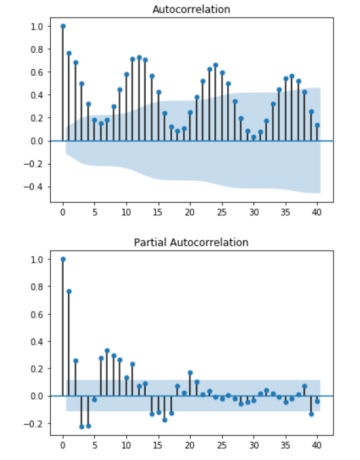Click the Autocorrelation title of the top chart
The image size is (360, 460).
point(191,9)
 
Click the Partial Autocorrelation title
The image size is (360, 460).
point(191,243)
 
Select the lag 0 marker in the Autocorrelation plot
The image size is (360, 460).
point(63,26)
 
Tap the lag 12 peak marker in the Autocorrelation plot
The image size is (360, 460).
point(139,58)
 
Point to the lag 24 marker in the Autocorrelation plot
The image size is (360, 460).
point(216,65)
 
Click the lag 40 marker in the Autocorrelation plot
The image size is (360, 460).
point(317,125)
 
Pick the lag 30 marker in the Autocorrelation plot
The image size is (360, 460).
point(254,137)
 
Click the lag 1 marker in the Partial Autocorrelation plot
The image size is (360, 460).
point(69,291)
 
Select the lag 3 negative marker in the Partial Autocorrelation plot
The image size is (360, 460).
point(81,427)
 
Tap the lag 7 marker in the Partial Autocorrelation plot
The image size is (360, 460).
point(107,350)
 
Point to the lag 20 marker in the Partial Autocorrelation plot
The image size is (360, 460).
point(190,373)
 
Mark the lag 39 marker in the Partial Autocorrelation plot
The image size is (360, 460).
point(311,414)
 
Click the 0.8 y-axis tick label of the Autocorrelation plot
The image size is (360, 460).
point(37,49)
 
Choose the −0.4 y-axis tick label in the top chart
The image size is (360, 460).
point(33,187)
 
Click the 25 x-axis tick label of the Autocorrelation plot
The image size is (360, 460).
point(222,212)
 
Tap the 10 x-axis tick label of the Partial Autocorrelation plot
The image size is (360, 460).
point(126,445)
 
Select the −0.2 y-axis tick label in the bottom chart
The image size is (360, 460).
point(33,424)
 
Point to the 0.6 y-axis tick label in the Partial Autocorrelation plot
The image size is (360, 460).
point(37,314)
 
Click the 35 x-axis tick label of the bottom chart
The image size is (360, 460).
point(285,445)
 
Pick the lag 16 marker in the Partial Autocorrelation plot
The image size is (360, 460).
point(165,420)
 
